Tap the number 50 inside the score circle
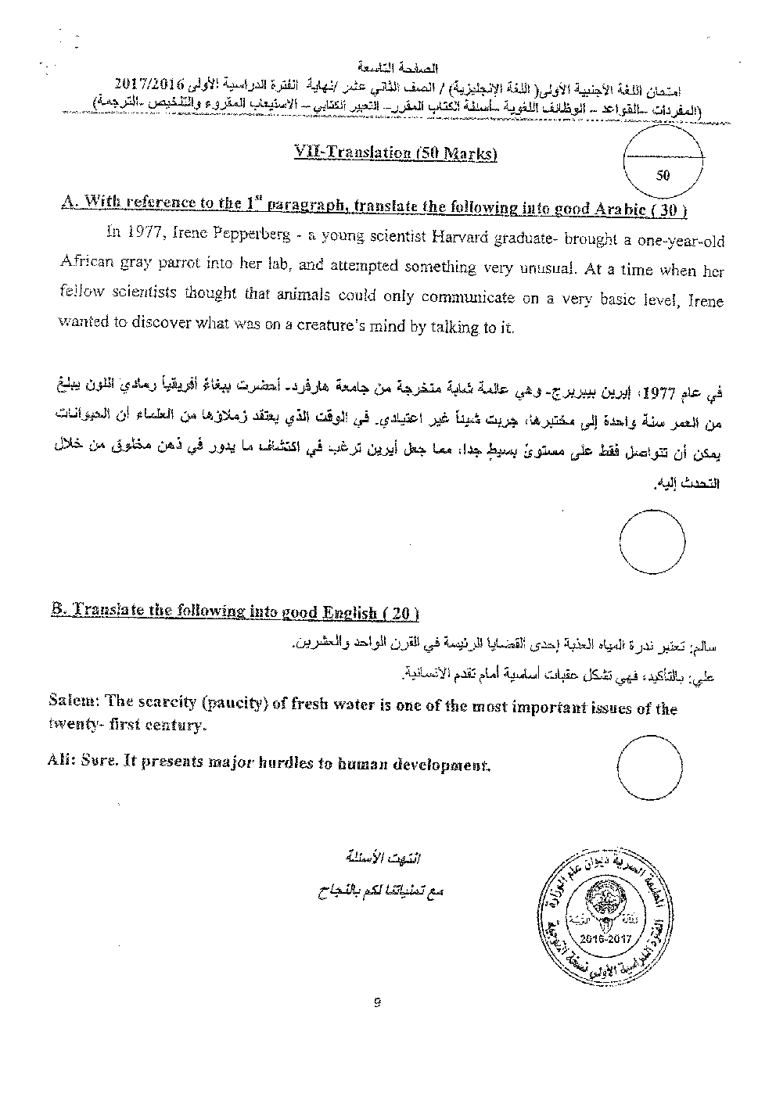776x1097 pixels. (x=663, y=175)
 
